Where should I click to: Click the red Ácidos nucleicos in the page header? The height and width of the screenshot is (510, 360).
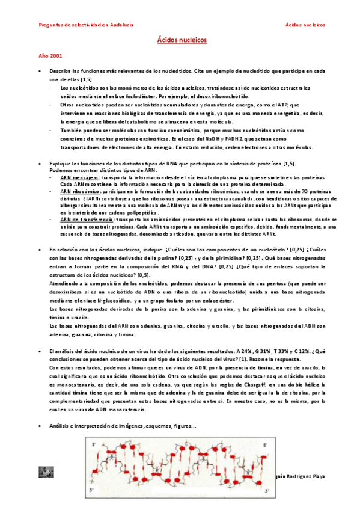coord(305,25)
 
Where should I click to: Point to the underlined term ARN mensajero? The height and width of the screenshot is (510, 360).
coord(80,179)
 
